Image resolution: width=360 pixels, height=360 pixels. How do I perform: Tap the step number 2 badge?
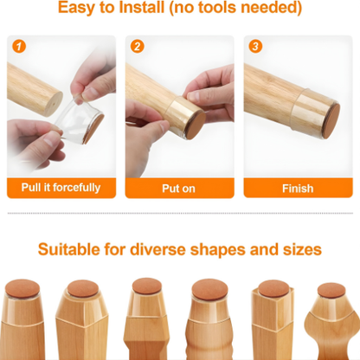pyautogui.click(x=138, y=46)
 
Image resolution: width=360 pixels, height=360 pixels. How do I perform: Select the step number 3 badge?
pyautogui.click(x=255, y=46)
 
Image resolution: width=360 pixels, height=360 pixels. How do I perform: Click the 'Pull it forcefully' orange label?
pyautogui.click(x=61, y=188)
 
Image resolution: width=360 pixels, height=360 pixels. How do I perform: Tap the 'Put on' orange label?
pyautogui.click(x=180, y=188)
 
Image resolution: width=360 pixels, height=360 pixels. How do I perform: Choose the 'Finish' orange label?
pyautogui.click(x=298, y=188)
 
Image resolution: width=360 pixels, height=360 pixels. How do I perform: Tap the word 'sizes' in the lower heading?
pyautogui.click(x=299, y=249)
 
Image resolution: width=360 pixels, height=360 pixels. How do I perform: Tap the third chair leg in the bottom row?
pyautogui.click(x=144, y=325)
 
